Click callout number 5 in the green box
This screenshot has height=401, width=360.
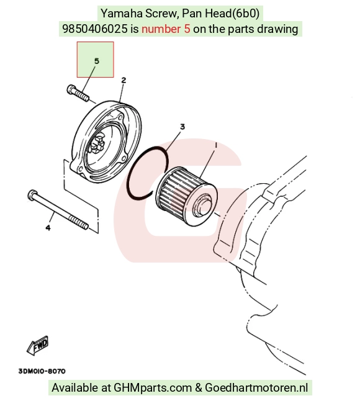(96, 61)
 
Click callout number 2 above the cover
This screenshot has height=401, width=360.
(124, 80)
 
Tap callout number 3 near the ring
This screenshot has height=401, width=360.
(182, 127)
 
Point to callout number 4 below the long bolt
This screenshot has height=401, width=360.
(48, 227)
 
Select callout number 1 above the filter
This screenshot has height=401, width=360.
(216, 145)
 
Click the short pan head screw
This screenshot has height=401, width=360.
(78, 93)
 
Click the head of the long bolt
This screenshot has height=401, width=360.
(32, 195)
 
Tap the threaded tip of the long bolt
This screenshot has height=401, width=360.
(79, 222)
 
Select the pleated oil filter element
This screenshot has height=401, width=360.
(187, 197)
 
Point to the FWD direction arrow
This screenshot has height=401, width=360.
(38, 346)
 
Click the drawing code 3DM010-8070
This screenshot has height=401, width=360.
(42, 371)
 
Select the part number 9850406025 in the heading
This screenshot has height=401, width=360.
(95, 29)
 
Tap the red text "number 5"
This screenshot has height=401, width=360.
(166, 29)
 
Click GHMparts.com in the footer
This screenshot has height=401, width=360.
(153, 387)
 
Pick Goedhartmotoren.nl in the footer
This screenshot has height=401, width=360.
(256, 387)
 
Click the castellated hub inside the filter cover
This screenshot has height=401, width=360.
(97, 145)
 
